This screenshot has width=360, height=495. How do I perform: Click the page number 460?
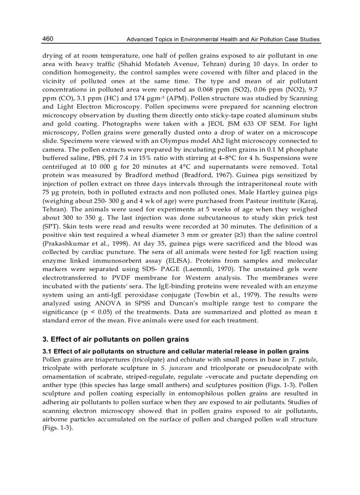(x=48, y=39)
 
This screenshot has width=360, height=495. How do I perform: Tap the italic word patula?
(x=307, y=360)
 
